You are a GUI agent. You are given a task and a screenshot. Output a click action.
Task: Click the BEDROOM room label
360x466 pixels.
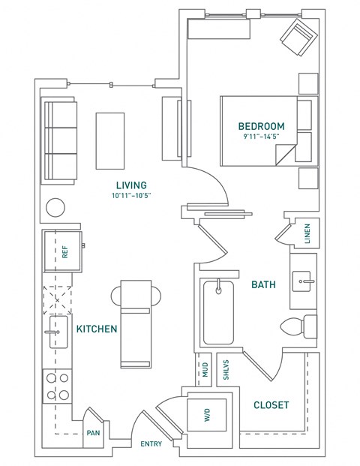pos(261,125)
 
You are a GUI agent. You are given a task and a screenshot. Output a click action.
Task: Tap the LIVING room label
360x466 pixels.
pos(130,185)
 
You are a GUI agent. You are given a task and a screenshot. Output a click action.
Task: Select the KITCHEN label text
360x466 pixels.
pos(95,329)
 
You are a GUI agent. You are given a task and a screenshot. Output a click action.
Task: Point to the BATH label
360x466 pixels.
pos(262,284)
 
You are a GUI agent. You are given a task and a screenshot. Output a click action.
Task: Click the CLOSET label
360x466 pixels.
pos(271,405)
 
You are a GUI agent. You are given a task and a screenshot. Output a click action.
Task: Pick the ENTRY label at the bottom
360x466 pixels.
pos(151,444)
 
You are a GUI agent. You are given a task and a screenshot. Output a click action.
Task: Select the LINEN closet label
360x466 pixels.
pos(307,233)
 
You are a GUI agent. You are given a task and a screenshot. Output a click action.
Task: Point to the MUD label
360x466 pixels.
pos(204,370)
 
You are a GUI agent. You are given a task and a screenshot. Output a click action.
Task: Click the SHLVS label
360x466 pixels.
pos(226,370)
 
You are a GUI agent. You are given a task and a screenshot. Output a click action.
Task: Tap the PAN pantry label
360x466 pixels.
pos(94,433)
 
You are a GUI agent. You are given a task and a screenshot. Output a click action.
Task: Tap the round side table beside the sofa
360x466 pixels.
pos(56,207)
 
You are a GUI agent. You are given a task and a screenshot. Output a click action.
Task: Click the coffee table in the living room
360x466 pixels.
pos(109,141)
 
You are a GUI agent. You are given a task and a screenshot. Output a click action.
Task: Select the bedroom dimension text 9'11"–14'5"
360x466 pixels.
pos(261,137)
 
